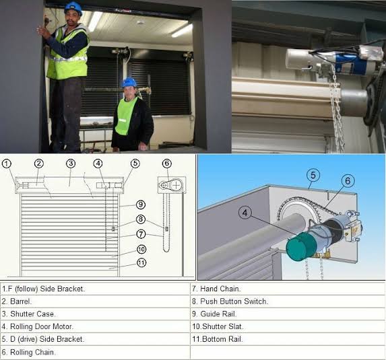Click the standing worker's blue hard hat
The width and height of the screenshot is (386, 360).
[x=73, y=8]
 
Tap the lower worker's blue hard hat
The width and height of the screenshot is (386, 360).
[x=129, y=83]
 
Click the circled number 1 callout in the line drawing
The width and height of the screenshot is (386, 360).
[x=7, y=164]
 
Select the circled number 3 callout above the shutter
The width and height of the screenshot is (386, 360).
[x=71, y=164]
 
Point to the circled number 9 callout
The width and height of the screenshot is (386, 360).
[x=141, y=205]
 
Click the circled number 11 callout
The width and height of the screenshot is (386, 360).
[x=141, y=263]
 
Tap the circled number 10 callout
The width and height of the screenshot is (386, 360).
[x=141, y=250]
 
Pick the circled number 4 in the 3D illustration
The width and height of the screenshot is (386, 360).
[x=245, y=213]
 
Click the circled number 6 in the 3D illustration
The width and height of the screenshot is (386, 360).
[x=348, y=181]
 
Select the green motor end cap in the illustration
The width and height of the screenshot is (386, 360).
[x=301, y=246]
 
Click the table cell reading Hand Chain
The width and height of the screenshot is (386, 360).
[x=216, y=289]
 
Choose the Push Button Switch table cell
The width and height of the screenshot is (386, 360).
[x=230, y=301]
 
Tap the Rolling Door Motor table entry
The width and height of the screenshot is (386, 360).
[x=38, y=326]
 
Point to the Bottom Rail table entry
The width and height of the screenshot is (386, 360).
[x=218, y=339]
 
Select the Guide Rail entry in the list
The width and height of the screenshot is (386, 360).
[x=214, y=314]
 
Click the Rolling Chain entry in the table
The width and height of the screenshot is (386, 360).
[x=28, y=352]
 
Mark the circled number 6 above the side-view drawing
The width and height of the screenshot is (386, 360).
[x=166, y=164]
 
